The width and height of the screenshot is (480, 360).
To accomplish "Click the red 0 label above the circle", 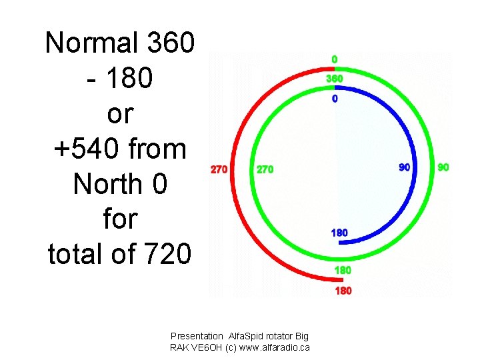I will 335,60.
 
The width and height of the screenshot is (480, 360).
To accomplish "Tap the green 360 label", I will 335,79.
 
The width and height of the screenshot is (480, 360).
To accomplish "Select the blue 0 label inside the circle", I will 335,99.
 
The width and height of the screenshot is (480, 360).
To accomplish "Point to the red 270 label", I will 219,169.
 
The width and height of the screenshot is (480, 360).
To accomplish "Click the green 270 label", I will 265,169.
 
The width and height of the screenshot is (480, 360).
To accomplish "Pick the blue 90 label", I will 405,167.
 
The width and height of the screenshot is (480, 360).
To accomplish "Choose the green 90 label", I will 443,167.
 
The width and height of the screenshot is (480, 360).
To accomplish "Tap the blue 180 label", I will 339,233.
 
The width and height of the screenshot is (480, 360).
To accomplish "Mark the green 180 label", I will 343,271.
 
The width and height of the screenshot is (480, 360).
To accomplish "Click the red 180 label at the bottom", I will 343,291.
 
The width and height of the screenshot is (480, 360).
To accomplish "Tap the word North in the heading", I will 111,183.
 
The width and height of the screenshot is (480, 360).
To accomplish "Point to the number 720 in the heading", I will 166,253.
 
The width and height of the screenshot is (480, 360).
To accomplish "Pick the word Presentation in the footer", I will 197,337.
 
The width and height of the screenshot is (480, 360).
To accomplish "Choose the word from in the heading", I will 160,148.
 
